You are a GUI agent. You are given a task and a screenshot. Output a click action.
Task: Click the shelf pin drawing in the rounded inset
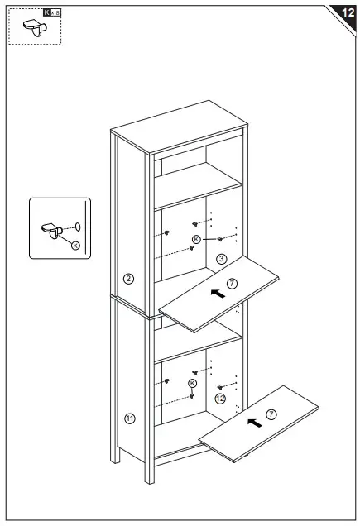click(51, 227)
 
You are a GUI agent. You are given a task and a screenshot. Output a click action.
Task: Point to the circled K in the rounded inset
click(75, 245)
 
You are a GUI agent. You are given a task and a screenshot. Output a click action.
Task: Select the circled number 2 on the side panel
click(128, 278)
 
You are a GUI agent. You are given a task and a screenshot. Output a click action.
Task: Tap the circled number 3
click(221, 259)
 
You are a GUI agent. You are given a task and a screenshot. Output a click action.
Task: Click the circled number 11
click(129, 418)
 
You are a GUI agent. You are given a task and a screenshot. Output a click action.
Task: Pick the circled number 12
click(220, 398)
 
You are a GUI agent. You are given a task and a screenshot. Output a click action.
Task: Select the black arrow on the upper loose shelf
click(217, 292)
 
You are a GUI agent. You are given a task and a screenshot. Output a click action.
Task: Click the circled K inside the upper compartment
click(196, 239)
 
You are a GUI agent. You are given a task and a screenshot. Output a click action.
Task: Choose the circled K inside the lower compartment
click(192, 384)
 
